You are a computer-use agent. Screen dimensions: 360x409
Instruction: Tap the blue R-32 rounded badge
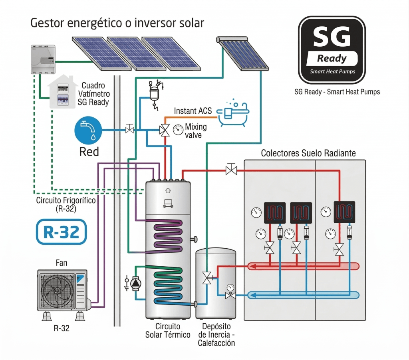click(x=61, y=231)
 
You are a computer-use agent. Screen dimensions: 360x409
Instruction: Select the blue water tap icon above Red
click(x=88, y=130)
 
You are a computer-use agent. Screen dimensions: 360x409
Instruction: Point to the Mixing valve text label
click(x=196, y=131)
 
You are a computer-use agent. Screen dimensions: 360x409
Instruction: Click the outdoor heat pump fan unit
click(x=62, y=289)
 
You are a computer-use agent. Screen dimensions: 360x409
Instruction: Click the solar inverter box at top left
click(x=43, y=59)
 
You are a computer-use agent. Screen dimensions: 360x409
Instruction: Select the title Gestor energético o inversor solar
click(x=117, y=23)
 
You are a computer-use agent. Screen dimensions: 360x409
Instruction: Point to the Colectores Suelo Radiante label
click(x=308, y=153)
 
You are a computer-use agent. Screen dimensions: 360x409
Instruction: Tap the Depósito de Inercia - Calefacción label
click(x=216, y=334)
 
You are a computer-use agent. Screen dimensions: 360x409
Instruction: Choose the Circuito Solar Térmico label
click(x=167, y=330)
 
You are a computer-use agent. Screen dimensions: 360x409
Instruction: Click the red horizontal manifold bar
click(x=304, y=266)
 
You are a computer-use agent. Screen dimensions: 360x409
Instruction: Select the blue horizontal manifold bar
click(x=304, y=295)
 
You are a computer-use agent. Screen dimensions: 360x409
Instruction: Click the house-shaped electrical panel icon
click(x=62, y=93)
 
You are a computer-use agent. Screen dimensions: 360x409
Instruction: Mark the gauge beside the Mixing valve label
click(x=177, y=129)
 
